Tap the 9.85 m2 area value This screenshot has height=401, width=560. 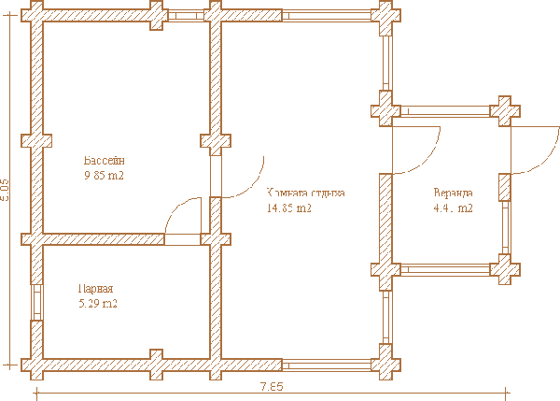pyautogui.click(x=104, y=175)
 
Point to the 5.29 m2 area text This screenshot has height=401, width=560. pyautogui.click(x=97, y=304)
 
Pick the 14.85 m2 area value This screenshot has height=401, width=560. pyautogui.click(x=289, y=208)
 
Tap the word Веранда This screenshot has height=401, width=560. pyautogui.click(x=454, y=193)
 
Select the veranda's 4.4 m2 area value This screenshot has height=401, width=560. pyautogui.click(x=453, y=208)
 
